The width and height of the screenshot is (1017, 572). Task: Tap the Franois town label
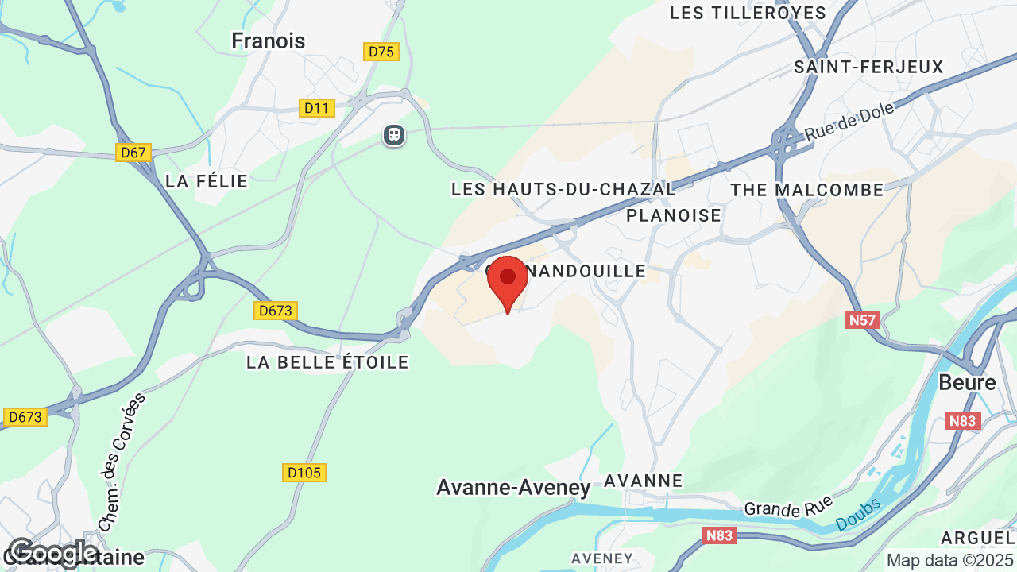point(268,41)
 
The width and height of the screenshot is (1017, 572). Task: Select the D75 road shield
point(381,52)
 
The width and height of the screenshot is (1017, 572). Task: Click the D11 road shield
point(316,108)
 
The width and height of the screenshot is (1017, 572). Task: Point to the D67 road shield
point(133,152)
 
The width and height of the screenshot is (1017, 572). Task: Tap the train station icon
point(394,135)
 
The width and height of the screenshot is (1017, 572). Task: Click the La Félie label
point(207,181)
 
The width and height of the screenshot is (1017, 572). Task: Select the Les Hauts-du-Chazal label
point(563,189)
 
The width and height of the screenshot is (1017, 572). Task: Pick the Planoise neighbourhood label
point(674,215)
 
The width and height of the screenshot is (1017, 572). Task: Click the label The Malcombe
point(807,190)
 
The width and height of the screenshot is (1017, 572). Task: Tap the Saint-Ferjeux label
point(868,67)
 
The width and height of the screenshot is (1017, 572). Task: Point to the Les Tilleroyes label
point(748,13)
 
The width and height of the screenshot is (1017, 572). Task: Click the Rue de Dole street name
point(849,122)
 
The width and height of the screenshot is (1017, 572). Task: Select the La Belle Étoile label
point(327,362)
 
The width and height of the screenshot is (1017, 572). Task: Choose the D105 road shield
point(304,473)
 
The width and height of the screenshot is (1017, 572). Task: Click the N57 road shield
point(861,320)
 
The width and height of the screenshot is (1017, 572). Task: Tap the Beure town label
point(967,382)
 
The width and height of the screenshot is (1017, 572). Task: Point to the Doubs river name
point(859,514)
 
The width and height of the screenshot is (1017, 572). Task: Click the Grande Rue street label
point(787,504)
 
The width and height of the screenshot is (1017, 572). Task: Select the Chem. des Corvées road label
point(122,461)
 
